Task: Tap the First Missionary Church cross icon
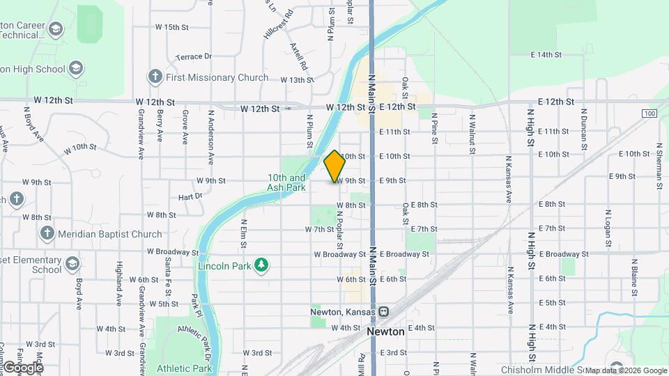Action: (x=154, y=77)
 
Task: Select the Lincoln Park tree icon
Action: (x=261, y=265)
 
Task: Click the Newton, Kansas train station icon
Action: (x=384, y=312)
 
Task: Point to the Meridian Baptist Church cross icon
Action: (x=47, y=233)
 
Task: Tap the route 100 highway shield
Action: (x=649, y=113)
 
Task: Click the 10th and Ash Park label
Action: (x=286, y=182)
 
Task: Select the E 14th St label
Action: (x=546, y=54)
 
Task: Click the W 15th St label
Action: (x=172, y=27)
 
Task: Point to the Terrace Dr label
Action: (x=194, y=56)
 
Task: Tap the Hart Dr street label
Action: (x=190, y=197)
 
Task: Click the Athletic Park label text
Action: (x=184, y=368)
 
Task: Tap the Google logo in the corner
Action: (x=23, y=368)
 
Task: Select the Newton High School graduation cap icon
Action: (x=76, y=68)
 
